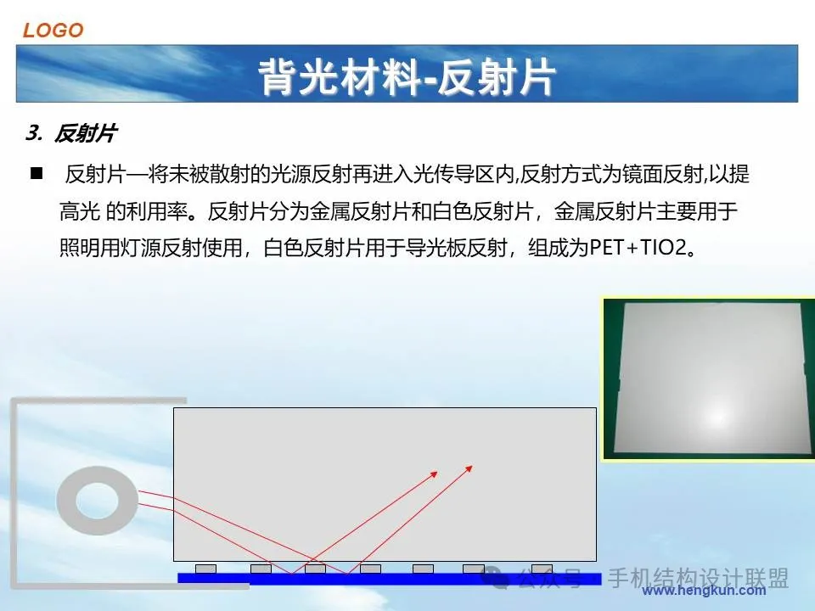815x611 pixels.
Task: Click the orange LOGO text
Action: click(53, 31)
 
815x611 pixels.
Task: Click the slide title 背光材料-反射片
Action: click(407, 77)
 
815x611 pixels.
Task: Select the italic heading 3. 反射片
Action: click(71, 133)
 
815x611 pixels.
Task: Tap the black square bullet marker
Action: click(37, 173)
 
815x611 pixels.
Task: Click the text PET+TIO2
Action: click(638, 248)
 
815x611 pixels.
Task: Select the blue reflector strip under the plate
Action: click(390, 578)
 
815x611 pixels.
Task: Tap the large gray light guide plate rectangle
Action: click(385, 485)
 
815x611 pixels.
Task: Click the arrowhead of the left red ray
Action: click(434, 474)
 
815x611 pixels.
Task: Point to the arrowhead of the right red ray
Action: click(469, 468)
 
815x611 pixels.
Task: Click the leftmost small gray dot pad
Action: click(205, 569)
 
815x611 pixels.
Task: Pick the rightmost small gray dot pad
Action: click(542, 569)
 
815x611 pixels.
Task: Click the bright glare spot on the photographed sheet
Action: click(717, 417)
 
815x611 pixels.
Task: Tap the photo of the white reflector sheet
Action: click(708, 378)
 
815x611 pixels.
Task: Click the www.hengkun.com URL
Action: click(704, 591)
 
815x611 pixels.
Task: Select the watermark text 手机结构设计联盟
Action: click(698, 578)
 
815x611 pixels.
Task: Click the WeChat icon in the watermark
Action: click(495, 577)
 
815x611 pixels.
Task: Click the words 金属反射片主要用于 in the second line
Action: click(645, 211)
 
